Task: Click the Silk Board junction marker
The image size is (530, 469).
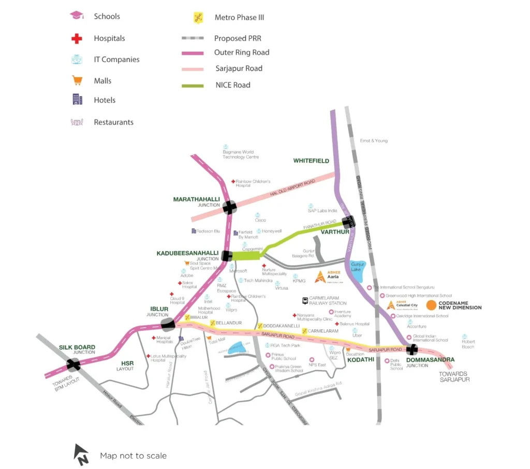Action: pos(73,365)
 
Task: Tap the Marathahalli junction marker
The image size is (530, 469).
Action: pos(230,208)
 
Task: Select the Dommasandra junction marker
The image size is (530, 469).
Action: pos(412,350)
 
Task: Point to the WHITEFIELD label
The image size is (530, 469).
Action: pos(311,161)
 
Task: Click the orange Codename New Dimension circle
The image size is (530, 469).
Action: pos(431,305)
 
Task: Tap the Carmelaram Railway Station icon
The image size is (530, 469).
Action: pos(305,300)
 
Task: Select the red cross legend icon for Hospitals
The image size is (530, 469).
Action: pos(77,38)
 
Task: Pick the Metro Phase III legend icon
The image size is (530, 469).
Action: pos(198,18)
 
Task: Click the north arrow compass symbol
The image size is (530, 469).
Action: pos(81,454)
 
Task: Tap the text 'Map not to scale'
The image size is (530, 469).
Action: pos(134,456)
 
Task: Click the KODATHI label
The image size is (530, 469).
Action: pos(360,359)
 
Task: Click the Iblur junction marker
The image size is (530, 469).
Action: pos(168,325)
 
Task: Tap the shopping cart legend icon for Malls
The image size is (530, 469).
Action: pos(77,81)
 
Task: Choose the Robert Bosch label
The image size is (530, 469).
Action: pos(468,344)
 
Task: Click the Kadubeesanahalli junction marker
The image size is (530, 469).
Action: pos(227,255)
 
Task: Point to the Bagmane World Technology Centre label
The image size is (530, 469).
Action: pos(241,154)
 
